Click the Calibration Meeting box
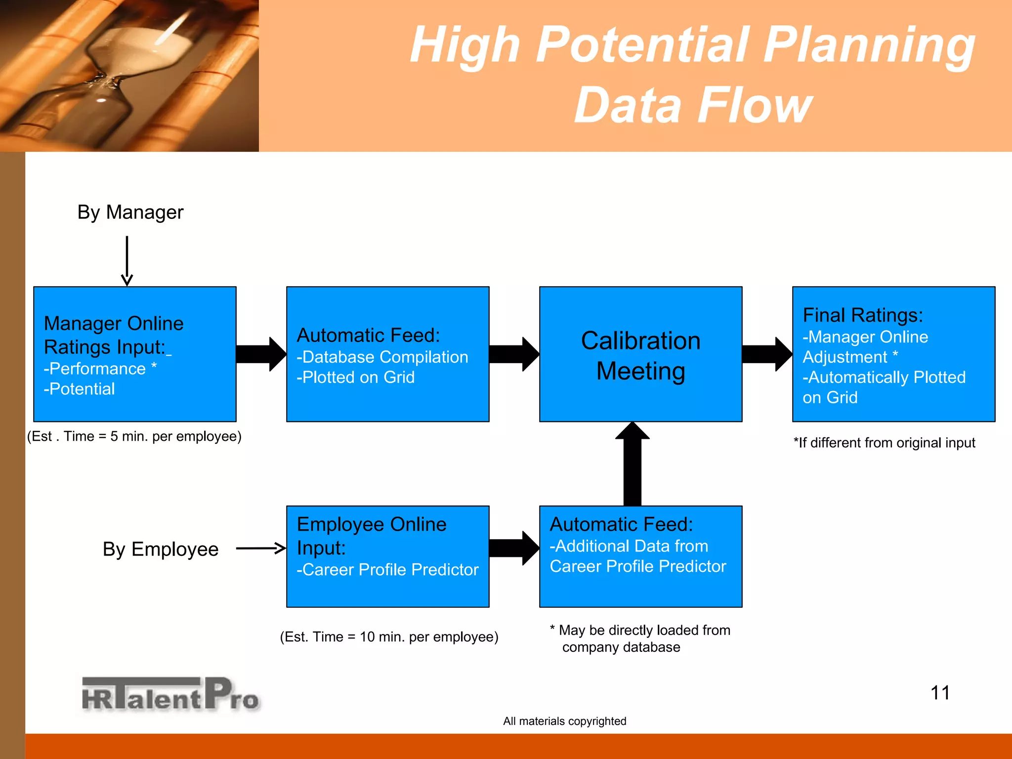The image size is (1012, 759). pyautogui.click(x=640, y=354)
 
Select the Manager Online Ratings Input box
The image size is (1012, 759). pyautogui.click(x=134, y=354)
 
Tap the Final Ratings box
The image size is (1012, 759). pyautogui.click(x=893, y=354)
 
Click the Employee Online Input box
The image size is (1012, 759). pyautogui.click(x=387, y=556)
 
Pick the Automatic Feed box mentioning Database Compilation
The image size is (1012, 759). pyautogui.click(x=387, y=354)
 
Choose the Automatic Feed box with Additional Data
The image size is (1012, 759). pyautogui.click(x=640, y=556)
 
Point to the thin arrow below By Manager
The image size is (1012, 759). pyautogui.click(x=127, y=260)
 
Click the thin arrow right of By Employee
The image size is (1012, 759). pyautogui.click(x=261, y=548)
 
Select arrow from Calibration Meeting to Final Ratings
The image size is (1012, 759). pyautogui.click(x=766, y=354)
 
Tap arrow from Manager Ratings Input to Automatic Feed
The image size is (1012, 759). pyautogui.click(x=260, y=354)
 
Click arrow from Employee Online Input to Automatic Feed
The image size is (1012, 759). pyautogui.click(x=513, y=548)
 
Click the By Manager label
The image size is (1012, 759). pyautogui.click(x=130, y=212)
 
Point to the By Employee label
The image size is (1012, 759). pyautogui.click(x=161, y=549)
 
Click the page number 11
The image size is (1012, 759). pyautogui.click(x=940, y=693)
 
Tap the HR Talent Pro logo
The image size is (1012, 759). pyautogui.click(x=170, y=694)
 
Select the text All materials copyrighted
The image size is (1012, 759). pyautogui.click(x=564, y=721)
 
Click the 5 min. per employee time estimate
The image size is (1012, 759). pyautogui.click(x=134, y=436)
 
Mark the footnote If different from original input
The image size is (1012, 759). pyautogui.click(x=884, y=443)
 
